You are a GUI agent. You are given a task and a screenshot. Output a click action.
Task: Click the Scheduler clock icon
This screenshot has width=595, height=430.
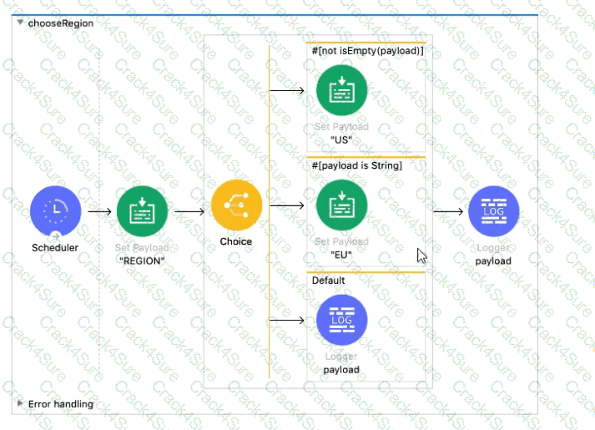(x=55, y=210)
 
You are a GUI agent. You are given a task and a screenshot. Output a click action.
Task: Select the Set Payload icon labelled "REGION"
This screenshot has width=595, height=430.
(x=142, y=211)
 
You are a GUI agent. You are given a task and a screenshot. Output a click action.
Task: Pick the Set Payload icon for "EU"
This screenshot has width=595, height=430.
(x=341, y=205)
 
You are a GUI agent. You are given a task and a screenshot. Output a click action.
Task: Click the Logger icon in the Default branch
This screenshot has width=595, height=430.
(x=341, y=320)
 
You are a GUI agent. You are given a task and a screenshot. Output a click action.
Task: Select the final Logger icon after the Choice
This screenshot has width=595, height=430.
(x=493, y=210)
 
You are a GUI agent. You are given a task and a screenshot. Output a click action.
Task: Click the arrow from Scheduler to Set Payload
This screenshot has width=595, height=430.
(x=99, y=211)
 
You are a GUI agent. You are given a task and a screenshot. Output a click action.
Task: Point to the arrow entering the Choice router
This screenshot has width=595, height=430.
(x=189, y=211)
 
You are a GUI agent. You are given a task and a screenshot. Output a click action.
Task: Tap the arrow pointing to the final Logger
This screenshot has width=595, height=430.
(x=448, y=210)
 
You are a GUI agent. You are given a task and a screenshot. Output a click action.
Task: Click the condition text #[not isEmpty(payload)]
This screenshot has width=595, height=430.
(x=368, y=51)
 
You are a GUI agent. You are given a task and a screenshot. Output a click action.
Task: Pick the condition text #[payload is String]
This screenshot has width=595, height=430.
(x=357, y=165)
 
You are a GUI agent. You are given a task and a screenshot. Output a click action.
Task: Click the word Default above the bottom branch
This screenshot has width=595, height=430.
(x=329, y=281)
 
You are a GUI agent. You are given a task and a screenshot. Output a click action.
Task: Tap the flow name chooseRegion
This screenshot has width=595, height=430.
(x=61, y=23)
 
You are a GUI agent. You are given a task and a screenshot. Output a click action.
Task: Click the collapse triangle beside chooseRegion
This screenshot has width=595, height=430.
(x=19, y=23)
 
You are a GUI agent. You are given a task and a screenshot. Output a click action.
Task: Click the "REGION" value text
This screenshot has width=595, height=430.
(x=142, y=260)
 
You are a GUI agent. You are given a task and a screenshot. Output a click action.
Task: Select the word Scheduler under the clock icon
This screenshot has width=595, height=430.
(x=55, y=248)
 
